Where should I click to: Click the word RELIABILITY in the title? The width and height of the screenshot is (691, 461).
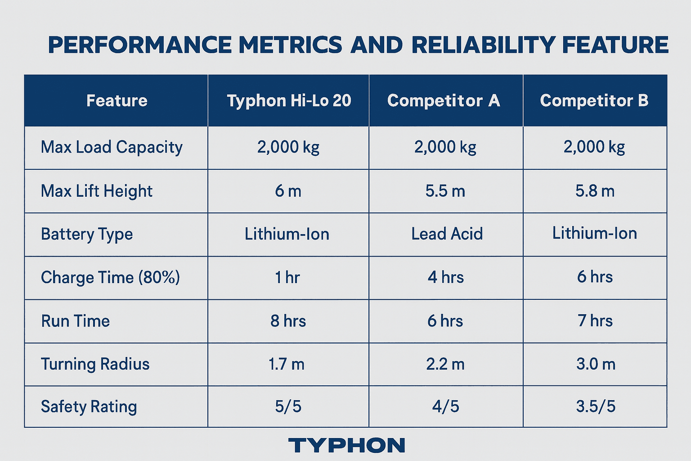pos(483,45)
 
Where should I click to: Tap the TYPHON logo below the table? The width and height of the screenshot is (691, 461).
pos(346,445)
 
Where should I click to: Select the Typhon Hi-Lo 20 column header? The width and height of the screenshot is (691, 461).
pos(289,100)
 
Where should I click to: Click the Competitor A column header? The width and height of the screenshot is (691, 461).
pos(444,100)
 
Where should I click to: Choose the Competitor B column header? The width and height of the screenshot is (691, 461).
pos(594,100)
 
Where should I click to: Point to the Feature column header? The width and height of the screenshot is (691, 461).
pos(117,100)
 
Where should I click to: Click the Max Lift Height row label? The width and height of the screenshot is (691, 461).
pos(97,191)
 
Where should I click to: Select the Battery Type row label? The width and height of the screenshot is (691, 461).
pos(87,235)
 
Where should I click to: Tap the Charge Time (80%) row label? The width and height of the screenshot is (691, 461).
pos(110,277)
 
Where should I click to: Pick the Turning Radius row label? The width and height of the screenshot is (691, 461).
pos(95,364)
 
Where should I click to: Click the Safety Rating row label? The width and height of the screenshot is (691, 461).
pos(89,407)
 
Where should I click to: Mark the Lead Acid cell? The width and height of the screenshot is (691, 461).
pos(447,234)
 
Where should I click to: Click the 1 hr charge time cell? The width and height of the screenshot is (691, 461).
pos(287,277)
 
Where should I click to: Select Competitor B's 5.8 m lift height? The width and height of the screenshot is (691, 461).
pos(595,191)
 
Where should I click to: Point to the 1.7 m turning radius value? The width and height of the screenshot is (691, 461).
pos(287,364)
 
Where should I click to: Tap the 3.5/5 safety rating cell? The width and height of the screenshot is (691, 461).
pos(596,407)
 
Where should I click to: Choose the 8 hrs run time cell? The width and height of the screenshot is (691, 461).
pos(288,321)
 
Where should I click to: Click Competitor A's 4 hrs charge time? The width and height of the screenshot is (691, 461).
pos(445,277)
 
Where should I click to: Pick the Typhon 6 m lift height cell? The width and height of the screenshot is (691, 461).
pos(288,191)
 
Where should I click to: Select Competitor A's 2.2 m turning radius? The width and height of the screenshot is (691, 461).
pos(445,364)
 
